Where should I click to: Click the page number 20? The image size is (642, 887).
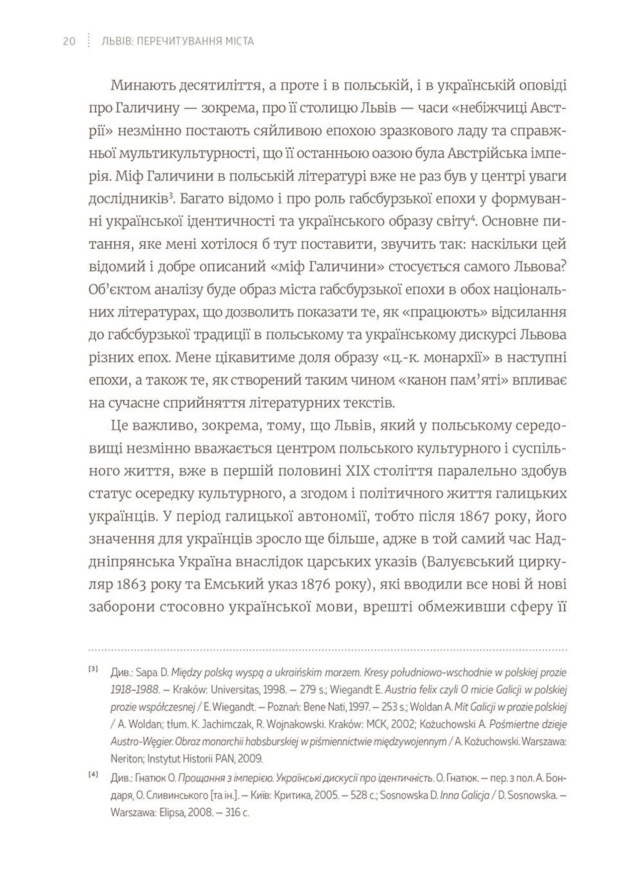(69, 41)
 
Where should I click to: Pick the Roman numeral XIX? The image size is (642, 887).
(357, 471)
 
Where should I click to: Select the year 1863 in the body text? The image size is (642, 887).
(131, 584)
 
